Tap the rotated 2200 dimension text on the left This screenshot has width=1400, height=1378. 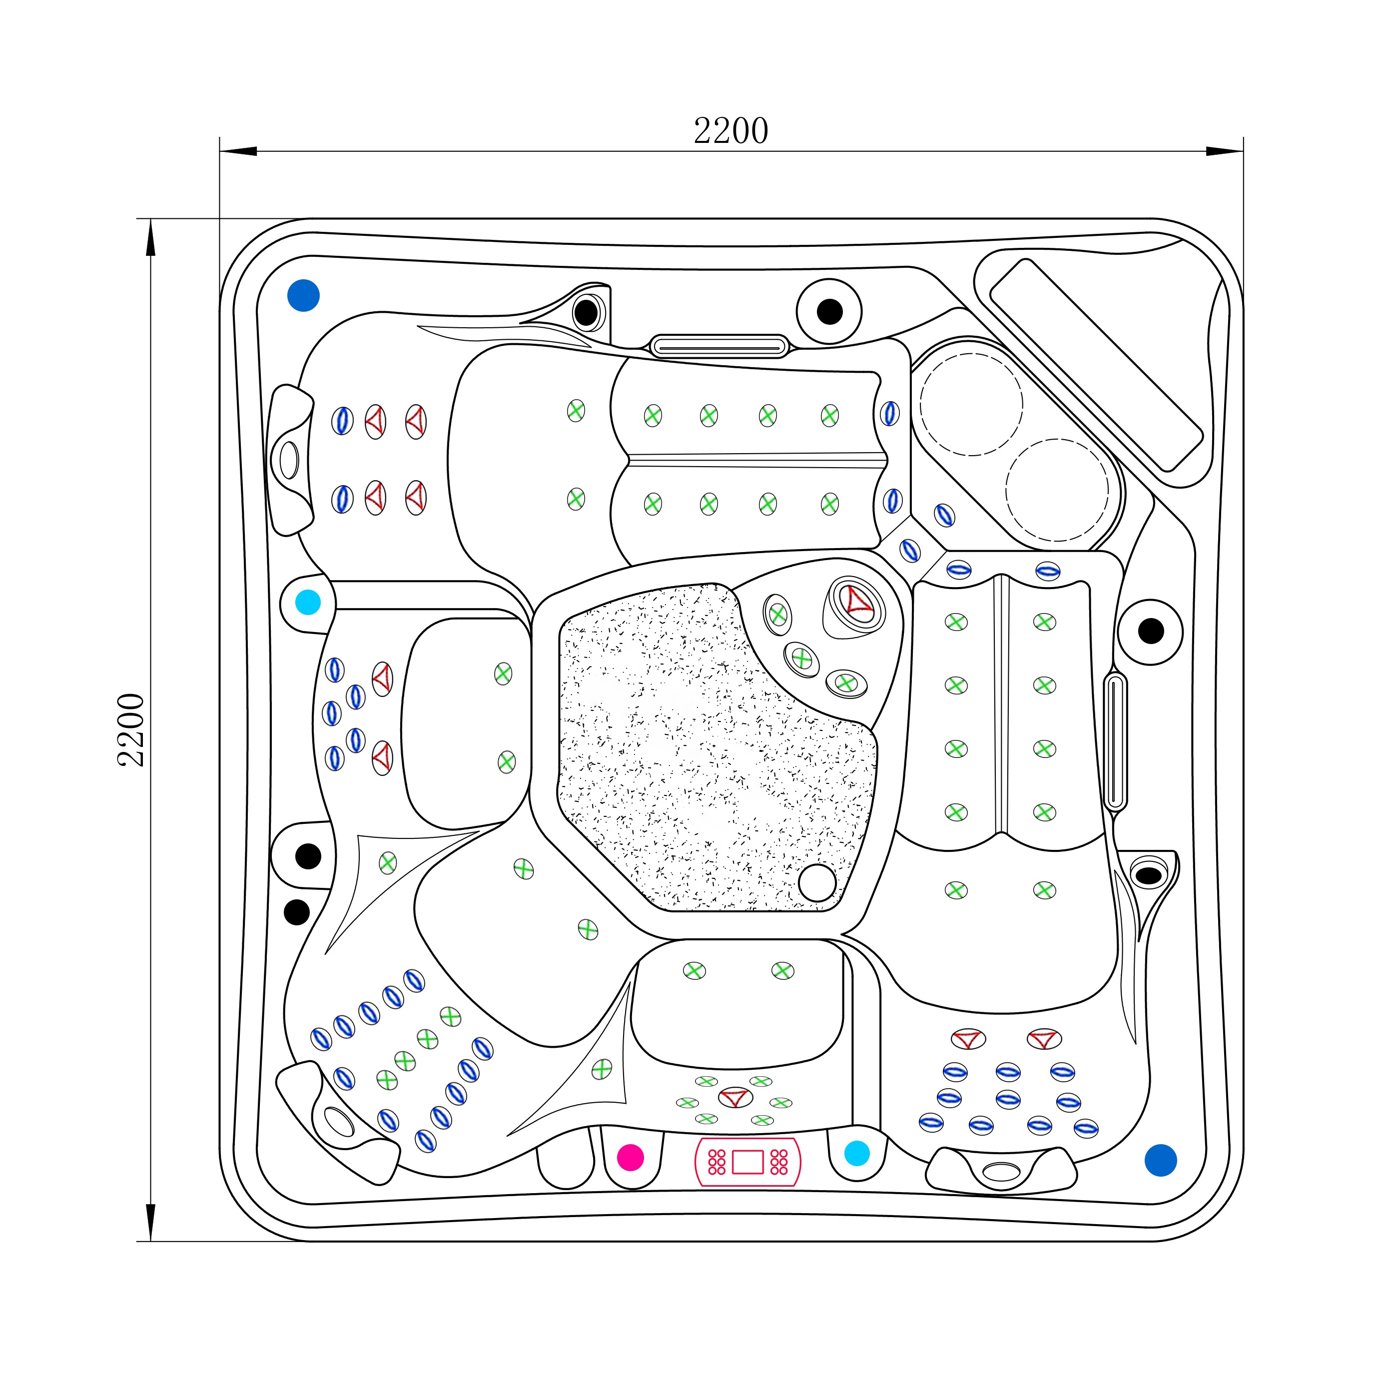(x=131, y=729)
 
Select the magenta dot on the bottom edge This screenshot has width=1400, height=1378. (x=630, y=1157)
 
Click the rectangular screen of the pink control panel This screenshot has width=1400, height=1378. (x=748, y=1162)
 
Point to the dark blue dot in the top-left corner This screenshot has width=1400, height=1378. (x=303, y=295)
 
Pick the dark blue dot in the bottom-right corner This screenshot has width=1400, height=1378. (x=1160, y=1160)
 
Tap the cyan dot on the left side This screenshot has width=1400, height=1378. (x=308, y=602)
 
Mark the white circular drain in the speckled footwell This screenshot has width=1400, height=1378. (x=816, y=883)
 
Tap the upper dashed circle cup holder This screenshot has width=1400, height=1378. (x=971, y=404)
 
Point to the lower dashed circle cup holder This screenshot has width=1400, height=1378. (x=1056, y=490)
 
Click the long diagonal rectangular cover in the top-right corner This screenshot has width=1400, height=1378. (x=1095, y=364)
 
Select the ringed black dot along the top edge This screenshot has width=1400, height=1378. (x=829, y=312)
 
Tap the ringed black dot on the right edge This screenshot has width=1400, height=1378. (x=1150, y=631)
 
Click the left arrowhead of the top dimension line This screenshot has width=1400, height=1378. (x=239, y=151)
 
